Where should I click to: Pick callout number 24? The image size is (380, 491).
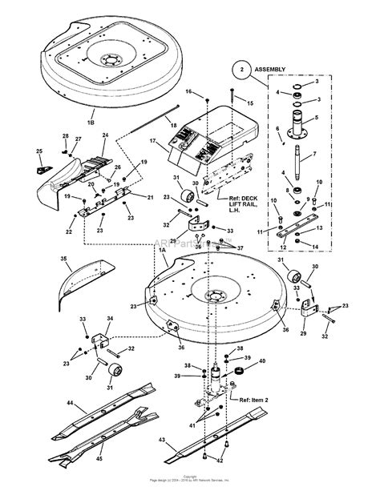pyautogui.click(x=104, y=136)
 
